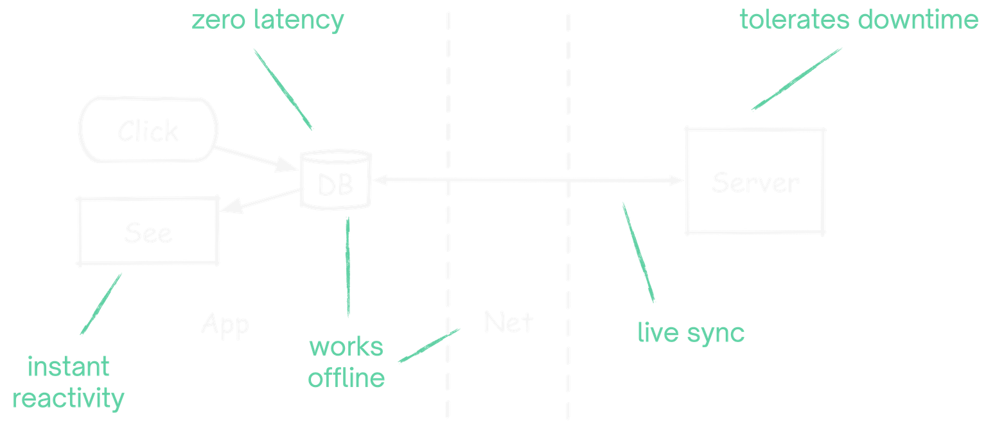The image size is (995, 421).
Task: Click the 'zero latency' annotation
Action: pos(269,21)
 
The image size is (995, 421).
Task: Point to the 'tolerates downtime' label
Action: pos(859,21)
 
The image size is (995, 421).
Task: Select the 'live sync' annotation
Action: pos(691,333)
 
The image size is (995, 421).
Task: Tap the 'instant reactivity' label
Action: pos(69,383)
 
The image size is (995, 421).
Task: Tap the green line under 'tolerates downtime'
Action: pos(797,78)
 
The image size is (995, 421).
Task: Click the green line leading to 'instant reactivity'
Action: pos(101,304)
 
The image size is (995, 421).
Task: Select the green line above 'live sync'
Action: pos(638,253)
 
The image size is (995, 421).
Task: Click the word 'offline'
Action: pos(347,378)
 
